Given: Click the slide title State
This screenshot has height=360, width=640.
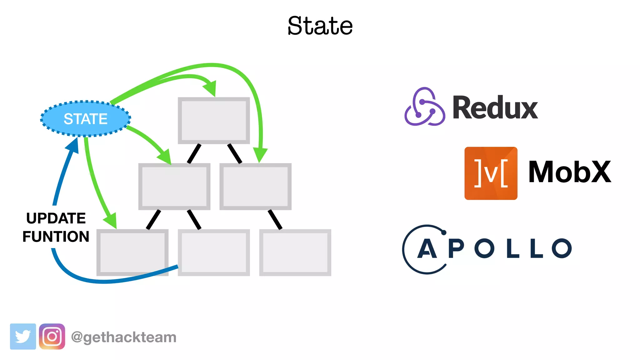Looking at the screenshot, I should tap(320, 26).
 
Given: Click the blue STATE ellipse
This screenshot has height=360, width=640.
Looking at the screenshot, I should tap(85, 119).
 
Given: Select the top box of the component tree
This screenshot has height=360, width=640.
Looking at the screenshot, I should tap(214, 121).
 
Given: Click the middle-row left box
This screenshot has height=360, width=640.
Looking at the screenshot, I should tap(174, 187).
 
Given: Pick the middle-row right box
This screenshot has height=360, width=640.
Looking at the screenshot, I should tap(255, 187).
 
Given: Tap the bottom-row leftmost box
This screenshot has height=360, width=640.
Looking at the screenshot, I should tap(132, 252).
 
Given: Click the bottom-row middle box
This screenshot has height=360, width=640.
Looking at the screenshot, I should tap(214, 252).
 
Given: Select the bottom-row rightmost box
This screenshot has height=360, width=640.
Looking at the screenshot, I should tap(295, 252).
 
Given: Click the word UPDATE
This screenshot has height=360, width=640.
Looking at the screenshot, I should tap(56, 218).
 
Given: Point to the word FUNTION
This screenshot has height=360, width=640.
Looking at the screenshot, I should tap(56, 237).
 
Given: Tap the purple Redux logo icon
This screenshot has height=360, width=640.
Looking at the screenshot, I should tap(425, 107).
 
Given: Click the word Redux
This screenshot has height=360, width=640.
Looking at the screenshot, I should tap(495, 108).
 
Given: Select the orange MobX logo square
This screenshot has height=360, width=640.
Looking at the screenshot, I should tap(491, 173).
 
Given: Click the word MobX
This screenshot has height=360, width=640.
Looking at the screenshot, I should tap(569, 172).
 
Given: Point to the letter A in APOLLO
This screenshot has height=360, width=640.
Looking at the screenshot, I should tap(427, 249).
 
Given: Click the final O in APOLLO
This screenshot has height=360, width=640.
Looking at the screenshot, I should tap(562, 248).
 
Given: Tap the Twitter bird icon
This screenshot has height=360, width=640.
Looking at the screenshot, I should tap(23, 337).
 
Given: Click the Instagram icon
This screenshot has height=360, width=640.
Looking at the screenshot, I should tap(52, 337).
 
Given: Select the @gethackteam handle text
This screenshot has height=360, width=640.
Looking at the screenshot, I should tap(124, 337).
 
